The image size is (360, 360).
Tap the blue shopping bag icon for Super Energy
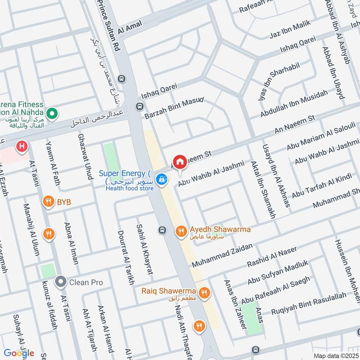tap(161, 180)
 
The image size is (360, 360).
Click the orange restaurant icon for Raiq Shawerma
tap(204, 292)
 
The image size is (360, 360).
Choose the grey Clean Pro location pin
tap(60, 282)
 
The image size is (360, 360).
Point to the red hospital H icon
tap(21, 146)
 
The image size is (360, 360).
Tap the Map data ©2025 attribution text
tap(335, 355)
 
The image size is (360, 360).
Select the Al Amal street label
tap(130, 27)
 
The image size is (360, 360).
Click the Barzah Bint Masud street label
tap(174, 108)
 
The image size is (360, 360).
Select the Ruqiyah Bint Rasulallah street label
tap(309, 303)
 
